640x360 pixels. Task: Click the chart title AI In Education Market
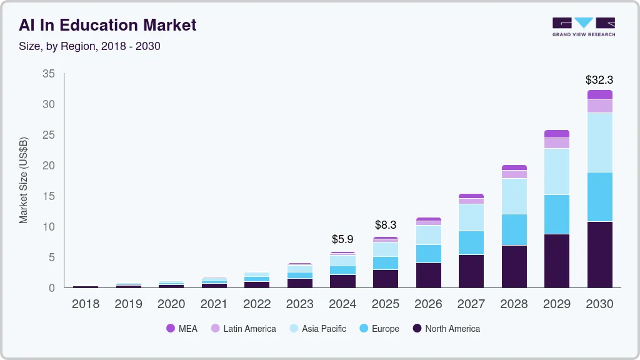(x=107, y=25)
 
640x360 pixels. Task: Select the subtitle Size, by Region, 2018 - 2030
(x=89, y=46)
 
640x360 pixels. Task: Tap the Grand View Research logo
(x=584, y=26)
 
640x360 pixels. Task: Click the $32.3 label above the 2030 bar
(x=599, y=80)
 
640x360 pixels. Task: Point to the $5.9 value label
(x=342, y=239)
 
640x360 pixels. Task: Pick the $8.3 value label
(x=386, y=225)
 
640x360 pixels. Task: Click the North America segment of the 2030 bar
(x=599, y=254)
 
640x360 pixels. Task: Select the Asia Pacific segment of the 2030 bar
(x=599, y=142)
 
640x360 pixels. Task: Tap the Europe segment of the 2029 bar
(x=556, y=214)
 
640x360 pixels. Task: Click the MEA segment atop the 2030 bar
(x=599, y=95)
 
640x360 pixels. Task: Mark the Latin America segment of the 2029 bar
(x=556, y=143)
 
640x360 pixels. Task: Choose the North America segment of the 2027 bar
(x=471, y=271)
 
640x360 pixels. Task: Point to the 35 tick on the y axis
(x=49, y=74)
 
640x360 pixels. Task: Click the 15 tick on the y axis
(x=49, y=196)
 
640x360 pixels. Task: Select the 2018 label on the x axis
(x=85, y=304)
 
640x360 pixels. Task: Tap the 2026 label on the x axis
(x=428, y=304)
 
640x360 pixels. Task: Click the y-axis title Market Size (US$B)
(x=24, y=180)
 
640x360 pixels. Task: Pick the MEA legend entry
(x=182, y=329)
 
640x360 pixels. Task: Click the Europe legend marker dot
(x=364, y=329)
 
